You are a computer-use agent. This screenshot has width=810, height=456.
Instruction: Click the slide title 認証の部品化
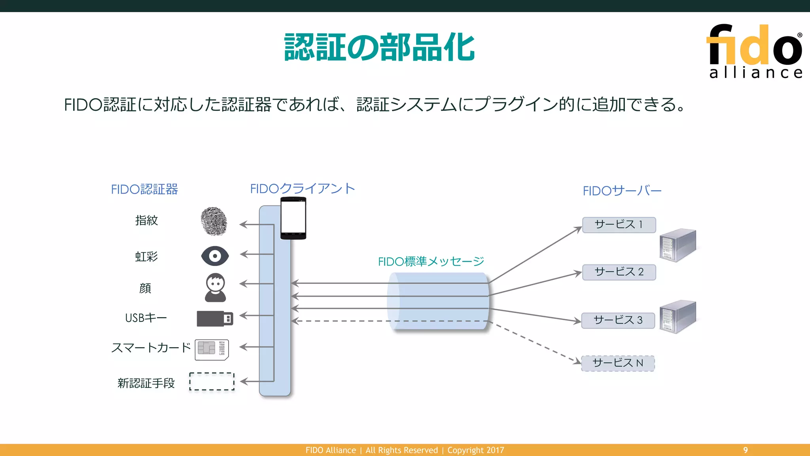[x=379, y=47]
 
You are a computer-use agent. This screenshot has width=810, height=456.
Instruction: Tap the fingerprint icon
[x=214, y=221]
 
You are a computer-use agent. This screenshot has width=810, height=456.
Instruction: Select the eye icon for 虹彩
[x=215, y=256]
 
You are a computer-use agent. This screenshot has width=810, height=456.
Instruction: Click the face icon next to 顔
[x=216, y=288]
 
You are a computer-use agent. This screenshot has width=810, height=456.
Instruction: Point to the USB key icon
[x=215, y=318]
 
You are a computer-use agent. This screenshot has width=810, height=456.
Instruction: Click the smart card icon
[x=212, y=350]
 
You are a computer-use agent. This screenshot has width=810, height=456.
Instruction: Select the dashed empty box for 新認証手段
[x=212, y=382]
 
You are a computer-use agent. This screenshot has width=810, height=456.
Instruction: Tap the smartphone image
[x=293, y=218]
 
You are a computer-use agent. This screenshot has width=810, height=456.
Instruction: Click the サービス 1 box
[x=619, y=225]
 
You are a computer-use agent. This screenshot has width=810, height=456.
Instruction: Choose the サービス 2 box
[x=619, y=272]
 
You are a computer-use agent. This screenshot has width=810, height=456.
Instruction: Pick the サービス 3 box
[x=618, y=320]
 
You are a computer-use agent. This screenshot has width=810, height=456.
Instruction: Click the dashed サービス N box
[x=618, y=363]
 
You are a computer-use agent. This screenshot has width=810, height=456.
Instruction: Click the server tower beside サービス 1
[x=678, y=245]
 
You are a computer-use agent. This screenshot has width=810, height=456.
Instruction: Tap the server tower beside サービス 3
[x=678, y=317]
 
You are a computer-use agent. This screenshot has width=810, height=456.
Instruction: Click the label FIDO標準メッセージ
[x=431, y=261]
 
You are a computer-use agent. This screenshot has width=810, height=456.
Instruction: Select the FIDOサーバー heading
[x=622, y=191]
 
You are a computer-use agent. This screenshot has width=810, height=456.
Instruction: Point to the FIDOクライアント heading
[x=303, y=188]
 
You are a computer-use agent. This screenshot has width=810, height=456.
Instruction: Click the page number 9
[x=745, y=450]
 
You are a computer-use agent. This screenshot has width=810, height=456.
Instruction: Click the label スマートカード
[x=151, y=348]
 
